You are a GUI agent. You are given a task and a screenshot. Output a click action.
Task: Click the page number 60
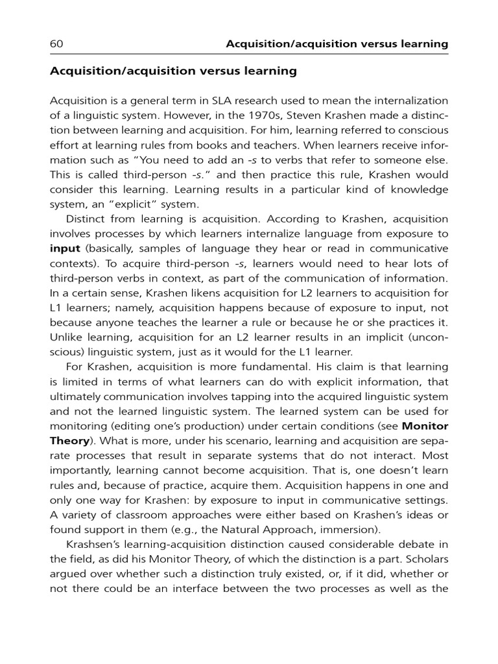tap(56, 44)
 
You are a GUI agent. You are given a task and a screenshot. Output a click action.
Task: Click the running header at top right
tap(337, 44)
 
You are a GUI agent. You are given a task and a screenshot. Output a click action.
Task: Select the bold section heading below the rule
tap(173, 71)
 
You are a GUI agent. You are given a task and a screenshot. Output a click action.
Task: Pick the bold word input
tap(64, 248)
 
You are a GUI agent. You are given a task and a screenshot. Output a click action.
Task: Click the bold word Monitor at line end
tap(425, 426)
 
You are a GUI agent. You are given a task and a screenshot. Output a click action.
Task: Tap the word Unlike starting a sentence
tap(66, 337)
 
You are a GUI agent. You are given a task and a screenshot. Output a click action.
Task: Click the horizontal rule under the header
tap(249, 54)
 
